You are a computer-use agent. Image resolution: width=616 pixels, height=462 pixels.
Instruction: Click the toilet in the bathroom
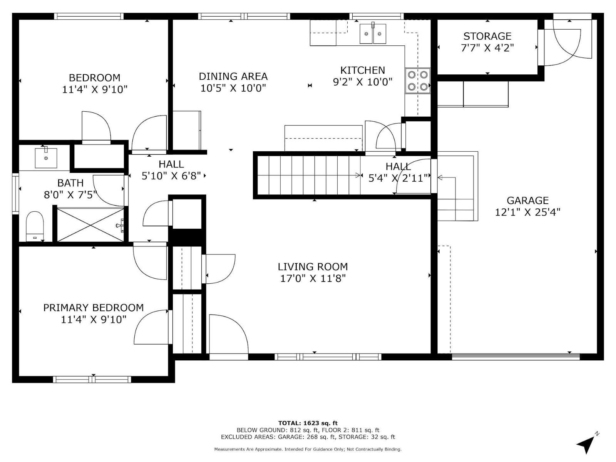click(35, 225)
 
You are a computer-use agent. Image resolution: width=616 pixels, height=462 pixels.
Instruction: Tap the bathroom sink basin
click(46, 157)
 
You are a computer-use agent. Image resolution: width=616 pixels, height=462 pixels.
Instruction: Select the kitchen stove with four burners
click(418, 80)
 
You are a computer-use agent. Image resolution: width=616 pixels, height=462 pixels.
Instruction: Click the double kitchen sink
click(373, 34)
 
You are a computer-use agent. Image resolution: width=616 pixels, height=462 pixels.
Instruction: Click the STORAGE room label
click(487, 36)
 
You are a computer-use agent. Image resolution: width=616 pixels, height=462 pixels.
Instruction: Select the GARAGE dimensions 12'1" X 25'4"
click(527, 212)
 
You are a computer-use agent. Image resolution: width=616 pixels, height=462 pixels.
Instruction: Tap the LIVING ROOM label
click(313, 266)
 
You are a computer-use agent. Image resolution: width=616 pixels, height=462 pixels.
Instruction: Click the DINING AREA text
click(233, 76)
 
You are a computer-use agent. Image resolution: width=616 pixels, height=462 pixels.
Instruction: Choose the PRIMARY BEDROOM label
click(93, 308)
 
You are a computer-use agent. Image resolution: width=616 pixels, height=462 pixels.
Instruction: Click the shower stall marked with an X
click(90, 225)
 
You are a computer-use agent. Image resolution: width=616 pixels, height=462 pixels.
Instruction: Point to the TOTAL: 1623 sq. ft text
click(308, 423)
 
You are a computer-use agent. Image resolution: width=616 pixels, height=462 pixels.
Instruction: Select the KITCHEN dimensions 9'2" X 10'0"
click(362, 82)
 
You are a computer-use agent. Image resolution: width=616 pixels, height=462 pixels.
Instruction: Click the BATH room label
click(70, 183)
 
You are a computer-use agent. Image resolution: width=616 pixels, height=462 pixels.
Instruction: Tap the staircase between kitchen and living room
click(308, 175)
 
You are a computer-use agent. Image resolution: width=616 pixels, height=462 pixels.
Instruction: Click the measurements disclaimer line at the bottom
click(308, 449)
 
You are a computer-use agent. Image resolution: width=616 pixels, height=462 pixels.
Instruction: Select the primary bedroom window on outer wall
click(92, 380)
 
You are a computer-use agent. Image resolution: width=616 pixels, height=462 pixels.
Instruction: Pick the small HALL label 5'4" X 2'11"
click(398, 172)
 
